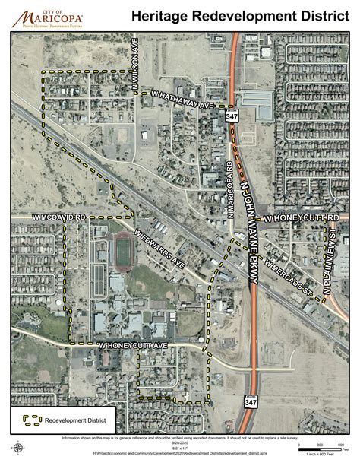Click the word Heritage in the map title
[163, 15]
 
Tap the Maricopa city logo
[47, 16]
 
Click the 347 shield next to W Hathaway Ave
[230, 116]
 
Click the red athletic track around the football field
[122, 252]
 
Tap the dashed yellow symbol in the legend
[31, 418]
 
